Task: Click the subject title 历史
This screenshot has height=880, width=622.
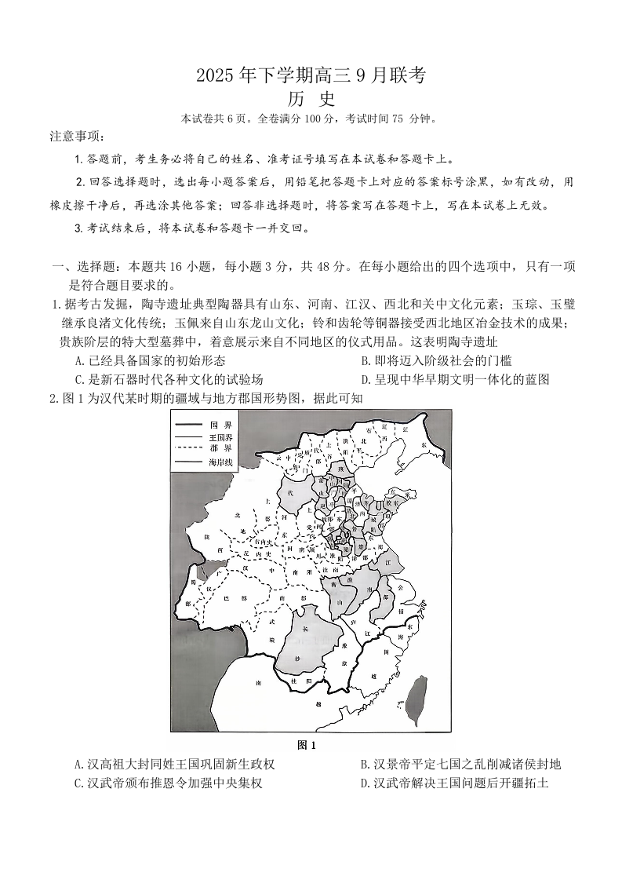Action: pyautogui.click(x=311, y=100)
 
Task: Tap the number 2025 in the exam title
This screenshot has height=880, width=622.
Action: pyautogui.click(x=214, y=76)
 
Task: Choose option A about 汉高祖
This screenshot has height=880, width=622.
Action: pyautogui.click(x=174, y=764)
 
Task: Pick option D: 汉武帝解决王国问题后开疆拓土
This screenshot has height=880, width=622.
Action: pyautogui.click(x=454, y=783)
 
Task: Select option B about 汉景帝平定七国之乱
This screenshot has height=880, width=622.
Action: pyautogui.click(x=460, y=764)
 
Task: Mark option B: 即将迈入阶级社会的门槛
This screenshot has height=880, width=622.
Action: pyautogui.click(x=435, y=360)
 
